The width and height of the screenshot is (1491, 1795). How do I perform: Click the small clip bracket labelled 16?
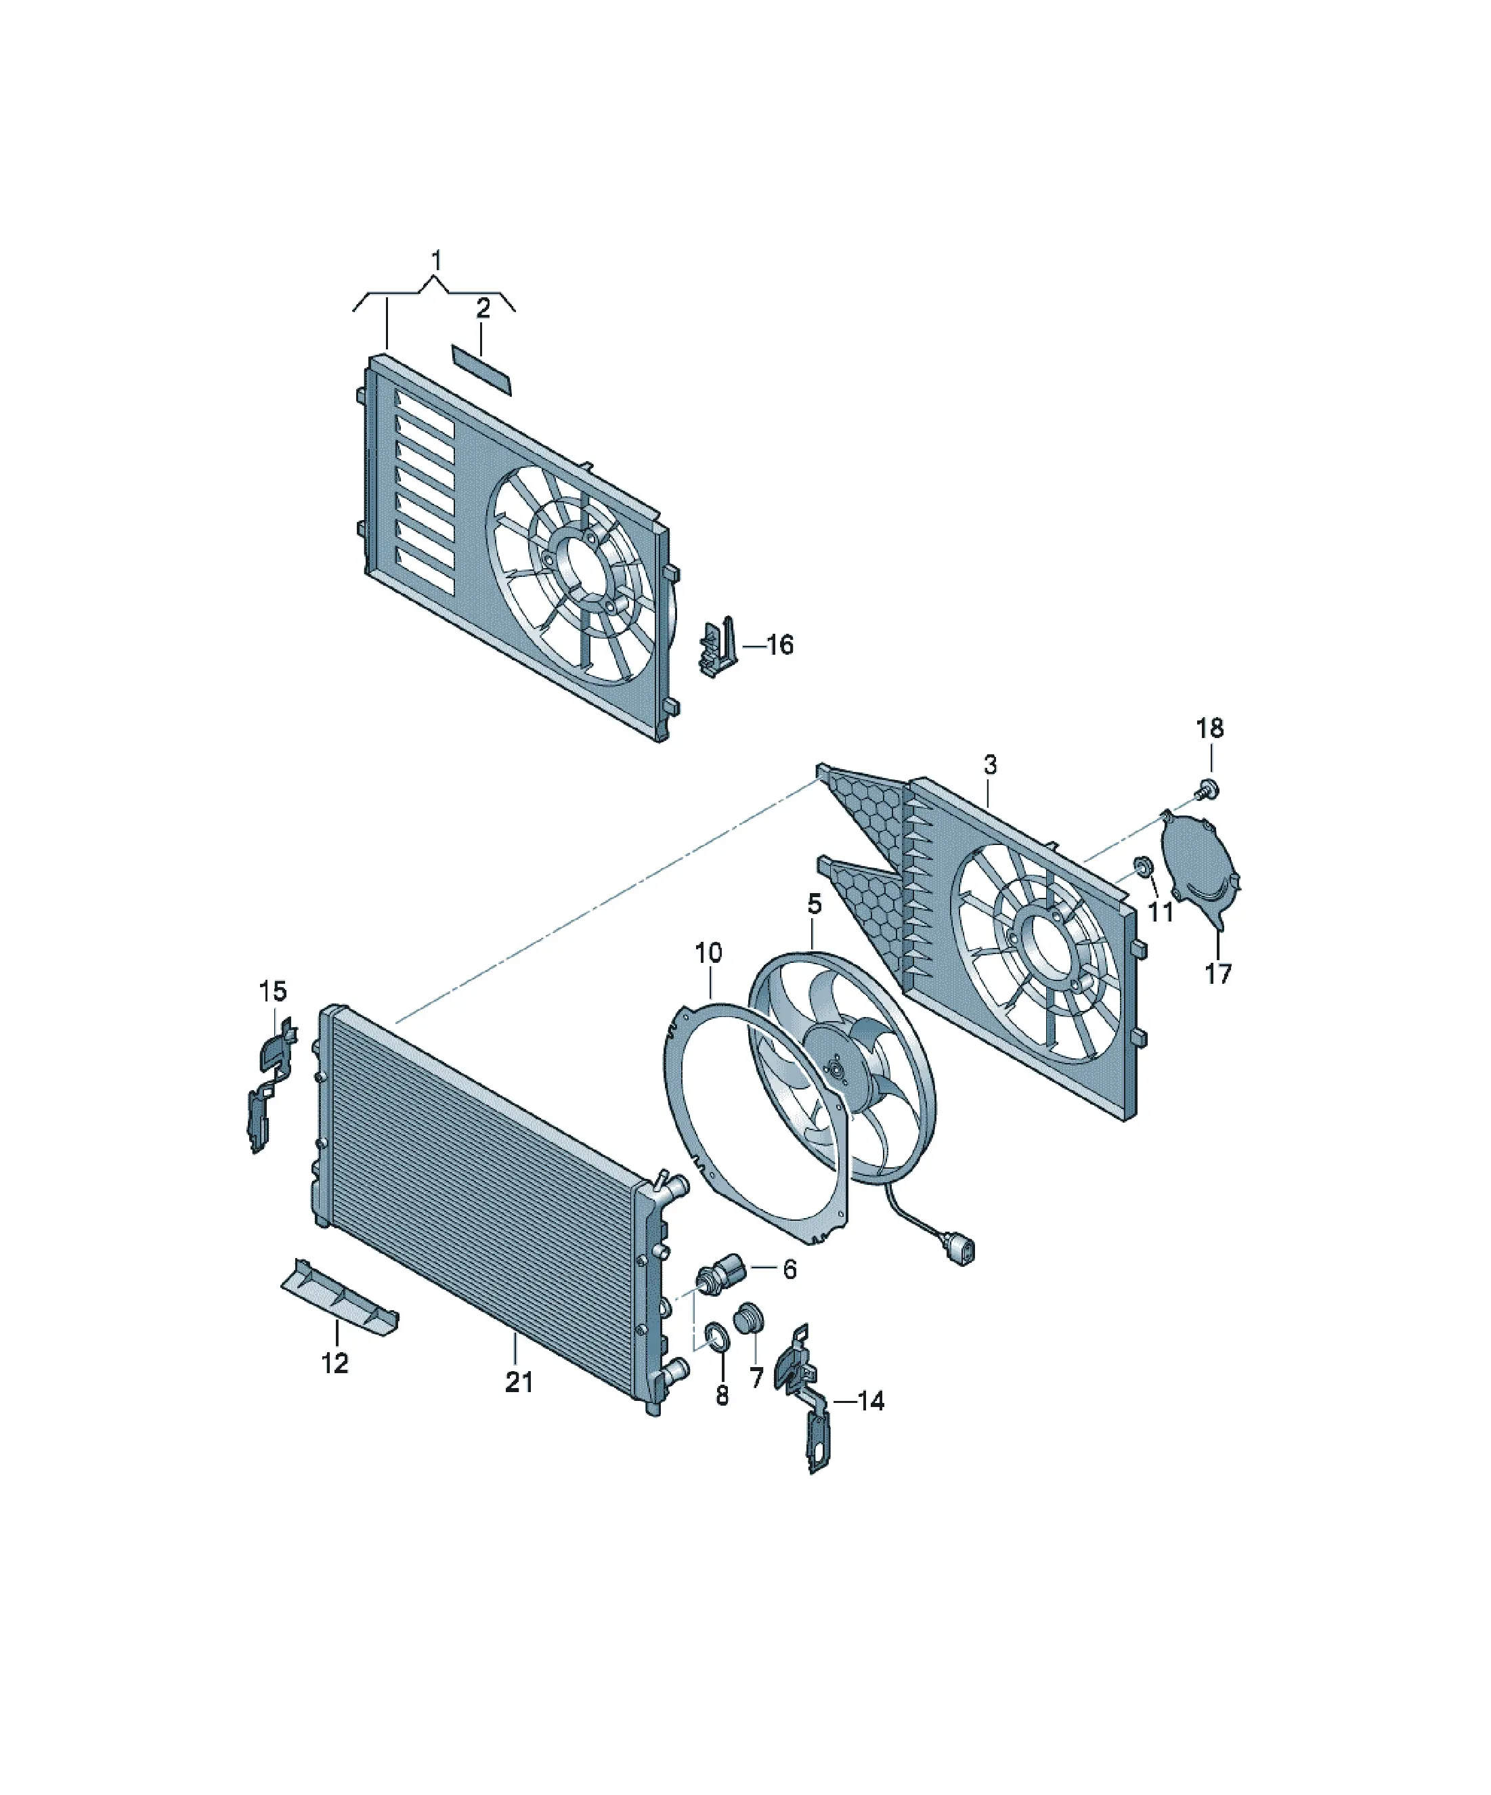click(718, 647)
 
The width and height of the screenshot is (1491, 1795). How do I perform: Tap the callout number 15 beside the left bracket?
click(273, 991)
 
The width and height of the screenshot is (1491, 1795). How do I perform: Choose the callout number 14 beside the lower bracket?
click(870, 1401)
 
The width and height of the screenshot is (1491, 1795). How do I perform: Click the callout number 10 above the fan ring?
click(708, 952)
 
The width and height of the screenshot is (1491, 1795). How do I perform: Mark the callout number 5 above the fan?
click(814, 903)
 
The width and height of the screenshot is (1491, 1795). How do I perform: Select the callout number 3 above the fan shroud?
click(990, 765)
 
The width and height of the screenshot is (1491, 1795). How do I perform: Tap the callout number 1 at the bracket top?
click(437, 260)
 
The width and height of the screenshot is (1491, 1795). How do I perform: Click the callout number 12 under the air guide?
click(335, 1363)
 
